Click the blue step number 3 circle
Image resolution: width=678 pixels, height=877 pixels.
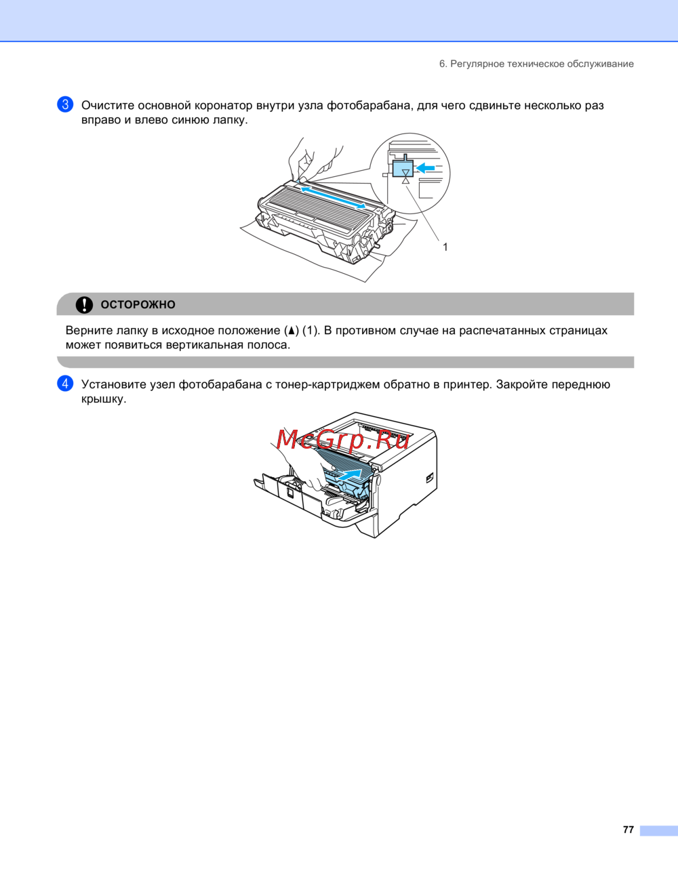click(65, 104)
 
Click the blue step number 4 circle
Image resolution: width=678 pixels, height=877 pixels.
click(65, 384)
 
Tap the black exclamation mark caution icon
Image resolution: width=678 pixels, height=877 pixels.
click(84, 305)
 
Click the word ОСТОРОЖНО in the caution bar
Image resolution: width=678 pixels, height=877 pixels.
click(138, 305)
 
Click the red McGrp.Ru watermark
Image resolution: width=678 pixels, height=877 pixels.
click(343, 439)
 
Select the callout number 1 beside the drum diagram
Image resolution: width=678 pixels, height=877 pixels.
click(445, 247)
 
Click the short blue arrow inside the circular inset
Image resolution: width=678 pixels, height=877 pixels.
click(425, 167)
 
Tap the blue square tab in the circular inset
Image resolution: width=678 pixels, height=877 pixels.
click(403, 169)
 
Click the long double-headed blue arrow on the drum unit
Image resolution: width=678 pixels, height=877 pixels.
click(333, 197)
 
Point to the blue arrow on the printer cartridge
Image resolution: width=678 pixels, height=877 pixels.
click(349, 474)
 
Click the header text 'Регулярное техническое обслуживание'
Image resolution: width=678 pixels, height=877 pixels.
click(542, 64)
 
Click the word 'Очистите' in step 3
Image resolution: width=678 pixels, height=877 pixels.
click(108, 105)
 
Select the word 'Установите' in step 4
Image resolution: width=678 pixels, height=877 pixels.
click(114, 384)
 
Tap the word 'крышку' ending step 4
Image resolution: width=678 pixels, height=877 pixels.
click(102, 400)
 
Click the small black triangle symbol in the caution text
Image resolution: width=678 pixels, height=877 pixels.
click(291, 331)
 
